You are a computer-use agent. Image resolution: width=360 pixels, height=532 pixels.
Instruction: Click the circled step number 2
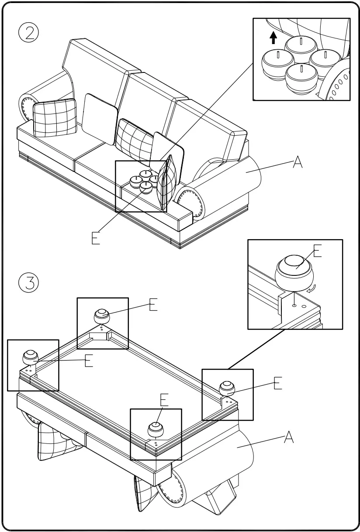click(29, 33)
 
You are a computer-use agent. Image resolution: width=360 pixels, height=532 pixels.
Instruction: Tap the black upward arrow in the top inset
click(273, 38)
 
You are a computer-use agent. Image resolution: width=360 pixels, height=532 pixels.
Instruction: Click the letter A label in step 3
click(289, 437)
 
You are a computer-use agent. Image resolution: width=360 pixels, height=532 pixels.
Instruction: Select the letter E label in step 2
click(96, 238)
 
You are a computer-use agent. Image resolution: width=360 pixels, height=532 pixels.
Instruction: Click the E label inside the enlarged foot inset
click(318, 252)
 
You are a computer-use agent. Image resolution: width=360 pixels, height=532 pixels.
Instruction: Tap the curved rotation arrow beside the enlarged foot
click(312, 288)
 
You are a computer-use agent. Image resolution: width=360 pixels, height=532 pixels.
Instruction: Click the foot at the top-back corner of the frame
click(102, 315)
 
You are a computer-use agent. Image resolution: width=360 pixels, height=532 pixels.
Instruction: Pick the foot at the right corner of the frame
click(227, 387)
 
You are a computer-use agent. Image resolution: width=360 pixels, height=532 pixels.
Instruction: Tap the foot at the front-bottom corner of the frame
click(156, 429)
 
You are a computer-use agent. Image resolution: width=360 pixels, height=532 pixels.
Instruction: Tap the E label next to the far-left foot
click(89, 361)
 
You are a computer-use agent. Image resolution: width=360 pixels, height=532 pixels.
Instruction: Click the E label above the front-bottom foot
click(164, 399)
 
